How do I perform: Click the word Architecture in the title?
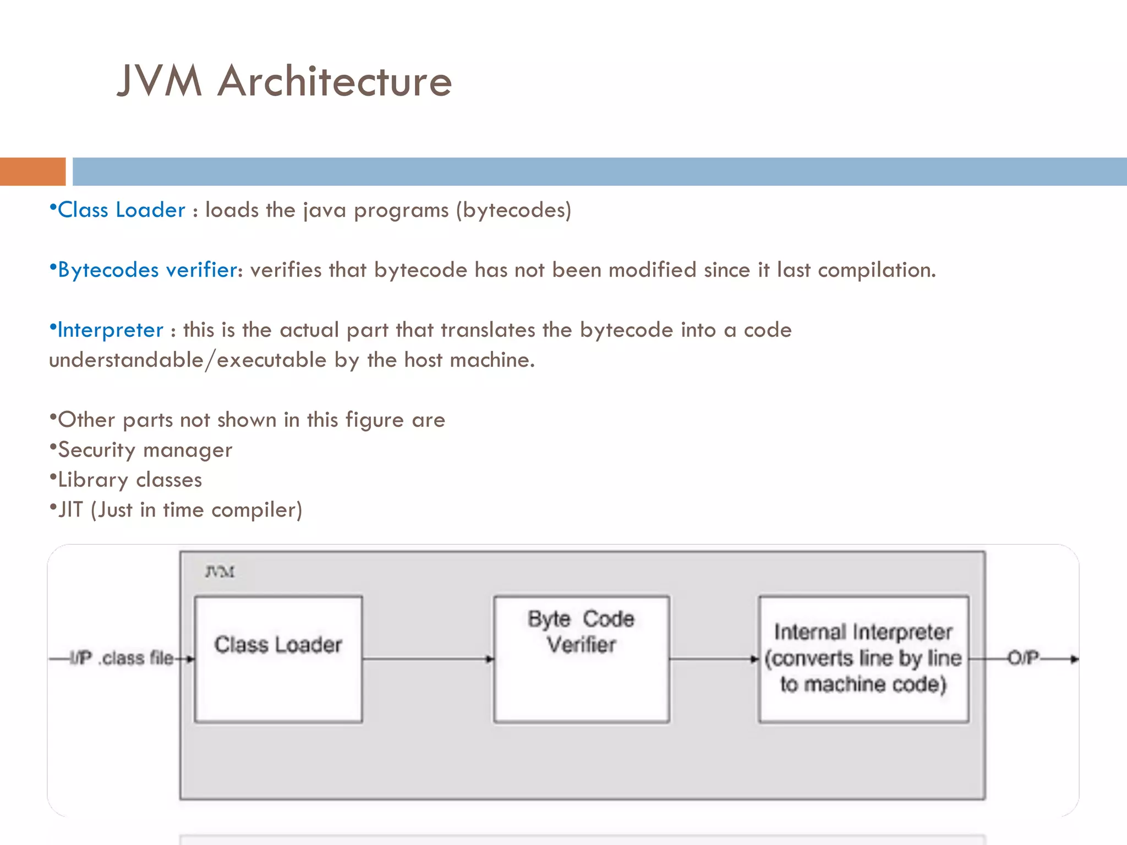point(335,81)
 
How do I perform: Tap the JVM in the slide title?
point(160,81)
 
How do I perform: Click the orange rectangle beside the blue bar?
point(32,172)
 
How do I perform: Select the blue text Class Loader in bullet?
point(122,210)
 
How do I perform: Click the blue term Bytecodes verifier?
point(147,270)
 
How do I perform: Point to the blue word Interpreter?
point(111,330)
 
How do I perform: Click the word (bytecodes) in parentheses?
point(513,210)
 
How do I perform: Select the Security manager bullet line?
point(144,450)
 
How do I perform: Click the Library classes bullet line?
point(129,480)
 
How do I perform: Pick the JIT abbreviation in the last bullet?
point(70,510)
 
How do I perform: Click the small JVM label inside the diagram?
point(220,572)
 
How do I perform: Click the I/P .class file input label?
point(122,658)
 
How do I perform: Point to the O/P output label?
point(1022,658)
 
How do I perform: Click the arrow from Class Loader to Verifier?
point(428,659)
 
